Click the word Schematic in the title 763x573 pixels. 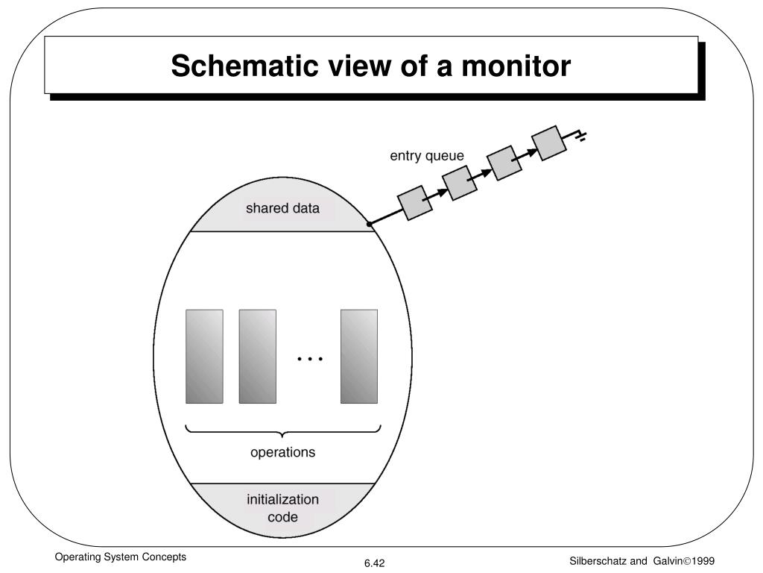245,66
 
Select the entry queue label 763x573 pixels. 427,156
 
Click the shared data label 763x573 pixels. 282,208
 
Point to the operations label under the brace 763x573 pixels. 282,452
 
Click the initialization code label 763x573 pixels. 282,508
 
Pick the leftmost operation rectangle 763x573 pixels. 204,356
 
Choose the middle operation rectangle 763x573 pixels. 257,356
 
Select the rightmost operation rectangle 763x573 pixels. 359,356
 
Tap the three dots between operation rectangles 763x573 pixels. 310,359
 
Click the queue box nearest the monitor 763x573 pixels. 415,203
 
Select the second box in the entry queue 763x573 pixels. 460,183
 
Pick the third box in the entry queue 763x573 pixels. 504,163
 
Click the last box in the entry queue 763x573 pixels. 549,143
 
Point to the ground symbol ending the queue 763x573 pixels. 579,136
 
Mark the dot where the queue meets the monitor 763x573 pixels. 370,224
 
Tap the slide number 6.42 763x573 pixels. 375,563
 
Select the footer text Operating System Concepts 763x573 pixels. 120,557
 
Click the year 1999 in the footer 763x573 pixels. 703,561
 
